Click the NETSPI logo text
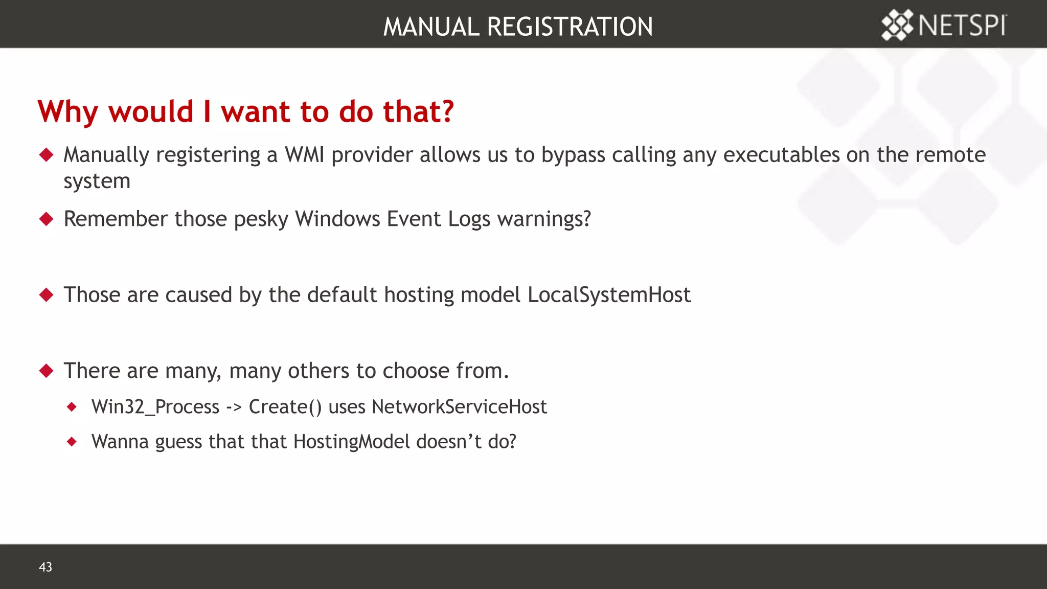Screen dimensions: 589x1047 (x=962, y=25)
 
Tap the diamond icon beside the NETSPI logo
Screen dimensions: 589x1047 (x=897, y=25)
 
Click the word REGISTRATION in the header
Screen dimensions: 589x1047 (x=570, y=27)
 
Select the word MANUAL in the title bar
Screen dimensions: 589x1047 (x=431, y=27)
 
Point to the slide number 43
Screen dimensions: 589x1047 (x=45, y=567)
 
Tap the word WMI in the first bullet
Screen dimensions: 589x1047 (x=304, y=155)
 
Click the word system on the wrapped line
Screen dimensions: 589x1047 (x=97, y=182)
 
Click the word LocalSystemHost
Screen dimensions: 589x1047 (x=609, y=295)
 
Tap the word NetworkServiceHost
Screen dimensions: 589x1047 (x=459, y=407)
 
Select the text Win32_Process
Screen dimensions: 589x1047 (x=155, y=407)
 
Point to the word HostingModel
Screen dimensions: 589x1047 (x=352, y=442)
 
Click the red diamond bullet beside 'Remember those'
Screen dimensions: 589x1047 (x=47, y=219)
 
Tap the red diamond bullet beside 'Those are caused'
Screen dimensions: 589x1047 (x=47, y=294)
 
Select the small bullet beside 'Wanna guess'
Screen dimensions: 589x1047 (x=72, y=441)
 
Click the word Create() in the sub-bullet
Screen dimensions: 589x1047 (x=285, y=407)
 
